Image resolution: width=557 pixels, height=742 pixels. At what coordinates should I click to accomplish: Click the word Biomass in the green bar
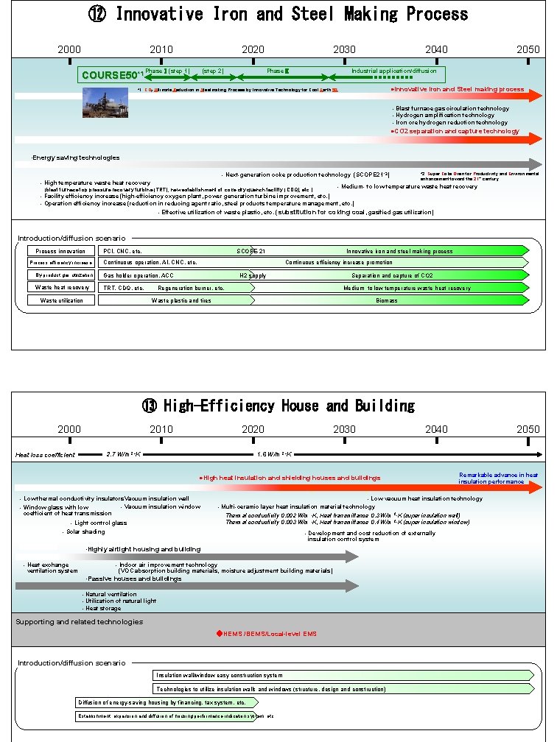click(386, 300)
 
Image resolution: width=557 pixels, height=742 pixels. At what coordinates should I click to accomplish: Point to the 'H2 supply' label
click(253, 275)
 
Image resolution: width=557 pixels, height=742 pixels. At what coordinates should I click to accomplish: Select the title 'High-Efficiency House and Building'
click(278, 406)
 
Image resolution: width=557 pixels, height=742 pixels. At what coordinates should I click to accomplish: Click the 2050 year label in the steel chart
click(528, 49)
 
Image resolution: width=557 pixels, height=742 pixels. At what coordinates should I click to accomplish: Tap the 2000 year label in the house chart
click(69, 429)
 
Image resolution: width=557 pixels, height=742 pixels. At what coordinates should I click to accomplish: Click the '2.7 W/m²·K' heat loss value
click(123, 454)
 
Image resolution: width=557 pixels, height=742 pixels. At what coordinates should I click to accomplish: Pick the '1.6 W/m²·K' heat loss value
click(274, 454)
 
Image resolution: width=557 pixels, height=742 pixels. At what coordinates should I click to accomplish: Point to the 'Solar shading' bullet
click(85, 531)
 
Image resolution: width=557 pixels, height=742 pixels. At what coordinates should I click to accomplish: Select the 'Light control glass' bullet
click(100, 523)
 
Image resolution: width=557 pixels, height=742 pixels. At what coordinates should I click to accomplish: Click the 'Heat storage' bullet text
click(103, 609)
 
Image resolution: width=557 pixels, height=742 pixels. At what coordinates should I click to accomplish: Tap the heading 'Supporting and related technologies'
click(80, 622)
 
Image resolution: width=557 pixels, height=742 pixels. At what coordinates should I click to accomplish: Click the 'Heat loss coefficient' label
click(46, 455)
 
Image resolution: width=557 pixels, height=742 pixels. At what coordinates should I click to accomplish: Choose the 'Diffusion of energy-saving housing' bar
click(162, 702)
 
